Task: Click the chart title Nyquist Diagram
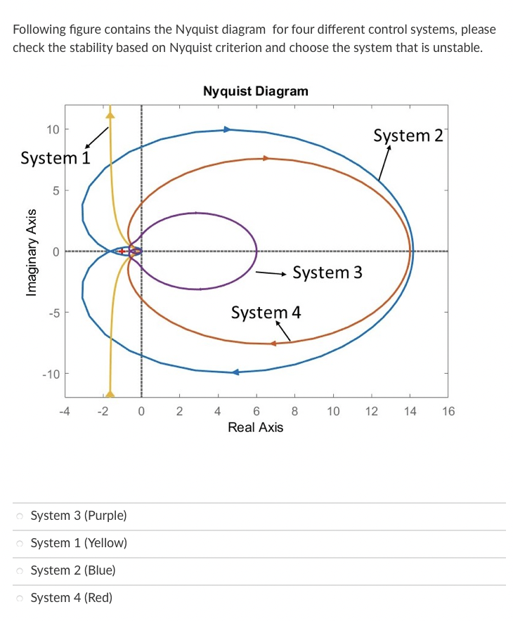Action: (255, 91)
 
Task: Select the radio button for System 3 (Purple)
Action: (20, 516)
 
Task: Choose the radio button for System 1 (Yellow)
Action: (20, 544)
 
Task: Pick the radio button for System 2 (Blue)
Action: (20, 571)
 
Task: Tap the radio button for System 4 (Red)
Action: (20, 599)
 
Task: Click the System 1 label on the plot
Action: (56, 158)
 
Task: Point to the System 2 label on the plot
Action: (408, 135)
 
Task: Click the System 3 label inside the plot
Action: (327, 272)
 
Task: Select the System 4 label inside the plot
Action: (266, 312)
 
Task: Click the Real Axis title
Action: (255, 427)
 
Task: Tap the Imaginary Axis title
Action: (30, 251)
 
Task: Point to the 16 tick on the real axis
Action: (448, 412)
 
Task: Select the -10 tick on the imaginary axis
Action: (51, 374)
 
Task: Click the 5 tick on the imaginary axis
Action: (53, 190)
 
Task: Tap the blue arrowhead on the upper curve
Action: (227, 129)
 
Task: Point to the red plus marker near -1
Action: (122, 251)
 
